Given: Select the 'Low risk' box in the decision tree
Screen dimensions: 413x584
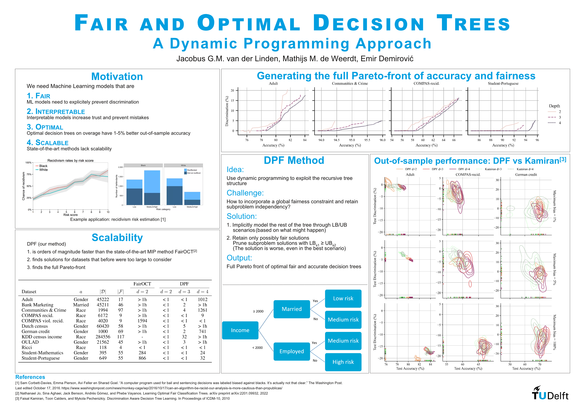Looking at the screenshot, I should pyautogui.click(x=343, y=299).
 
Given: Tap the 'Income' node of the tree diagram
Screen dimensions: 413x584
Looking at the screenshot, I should pyautogui.click(x=240, y=330).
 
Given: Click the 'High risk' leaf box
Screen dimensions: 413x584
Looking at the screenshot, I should pyautogui.click(x=343, y=362).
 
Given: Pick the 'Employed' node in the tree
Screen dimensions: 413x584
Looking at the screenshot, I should pyautogui.click(x=291, y=352).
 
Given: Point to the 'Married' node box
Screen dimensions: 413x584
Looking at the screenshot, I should pyautogui.click(x=291, y=309).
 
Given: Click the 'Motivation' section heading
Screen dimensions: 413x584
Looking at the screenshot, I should pyautogui.click(x=117, y=77).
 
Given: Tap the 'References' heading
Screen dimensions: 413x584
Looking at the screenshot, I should pyautogui.click(x=30, y=377).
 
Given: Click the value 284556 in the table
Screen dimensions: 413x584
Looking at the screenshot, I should pyautogui.click(x=103, y=337).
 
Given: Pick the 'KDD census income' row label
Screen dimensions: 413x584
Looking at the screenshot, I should pyautogui.click(x=42, y=337).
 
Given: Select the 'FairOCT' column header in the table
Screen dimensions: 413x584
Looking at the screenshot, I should pyautogui.click(x=142, y=284).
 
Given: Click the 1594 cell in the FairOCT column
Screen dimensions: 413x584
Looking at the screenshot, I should pyautogui.click(x=142, y=321).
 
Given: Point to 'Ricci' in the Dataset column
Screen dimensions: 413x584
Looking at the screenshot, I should pyautogui.click(x=27, y=347).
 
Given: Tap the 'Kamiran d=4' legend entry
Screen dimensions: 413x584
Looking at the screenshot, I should pyautogui.click(x=525, y=169).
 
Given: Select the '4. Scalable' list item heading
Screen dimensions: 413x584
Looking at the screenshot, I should pyautogui.click(x=48, y=143).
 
